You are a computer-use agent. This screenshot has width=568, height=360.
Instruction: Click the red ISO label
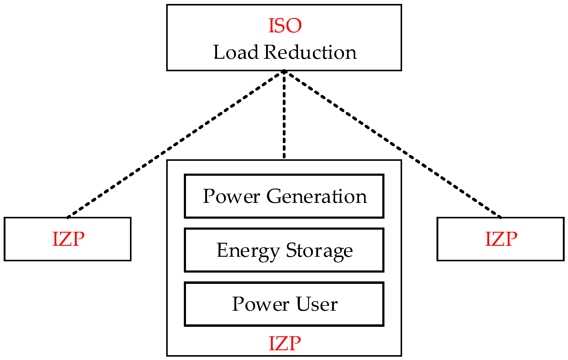(x=285, y=26)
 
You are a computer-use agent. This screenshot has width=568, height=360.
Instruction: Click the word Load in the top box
(x=236, y=52)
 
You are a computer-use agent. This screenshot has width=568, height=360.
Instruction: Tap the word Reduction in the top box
(x=310, y=52)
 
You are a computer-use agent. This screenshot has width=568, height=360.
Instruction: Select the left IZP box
(x=68, y=239)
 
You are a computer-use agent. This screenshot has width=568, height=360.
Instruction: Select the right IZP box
(x=500, y=239)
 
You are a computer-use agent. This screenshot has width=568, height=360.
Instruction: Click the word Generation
(x=317, y=196)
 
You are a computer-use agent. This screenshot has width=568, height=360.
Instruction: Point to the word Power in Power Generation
(x=231, y=196)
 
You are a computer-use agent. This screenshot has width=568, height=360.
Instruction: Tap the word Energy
(x=248, y=251)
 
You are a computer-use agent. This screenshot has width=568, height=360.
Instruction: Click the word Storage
(x=319, y=251)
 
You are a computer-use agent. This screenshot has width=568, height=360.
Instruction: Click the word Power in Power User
(x=261, y=304)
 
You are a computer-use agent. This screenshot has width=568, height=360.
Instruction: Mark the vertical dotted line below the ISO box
(x=284, y=116)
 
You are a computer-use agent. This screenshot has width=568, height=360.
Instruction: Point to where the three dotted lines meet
(x=284, y=72)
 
